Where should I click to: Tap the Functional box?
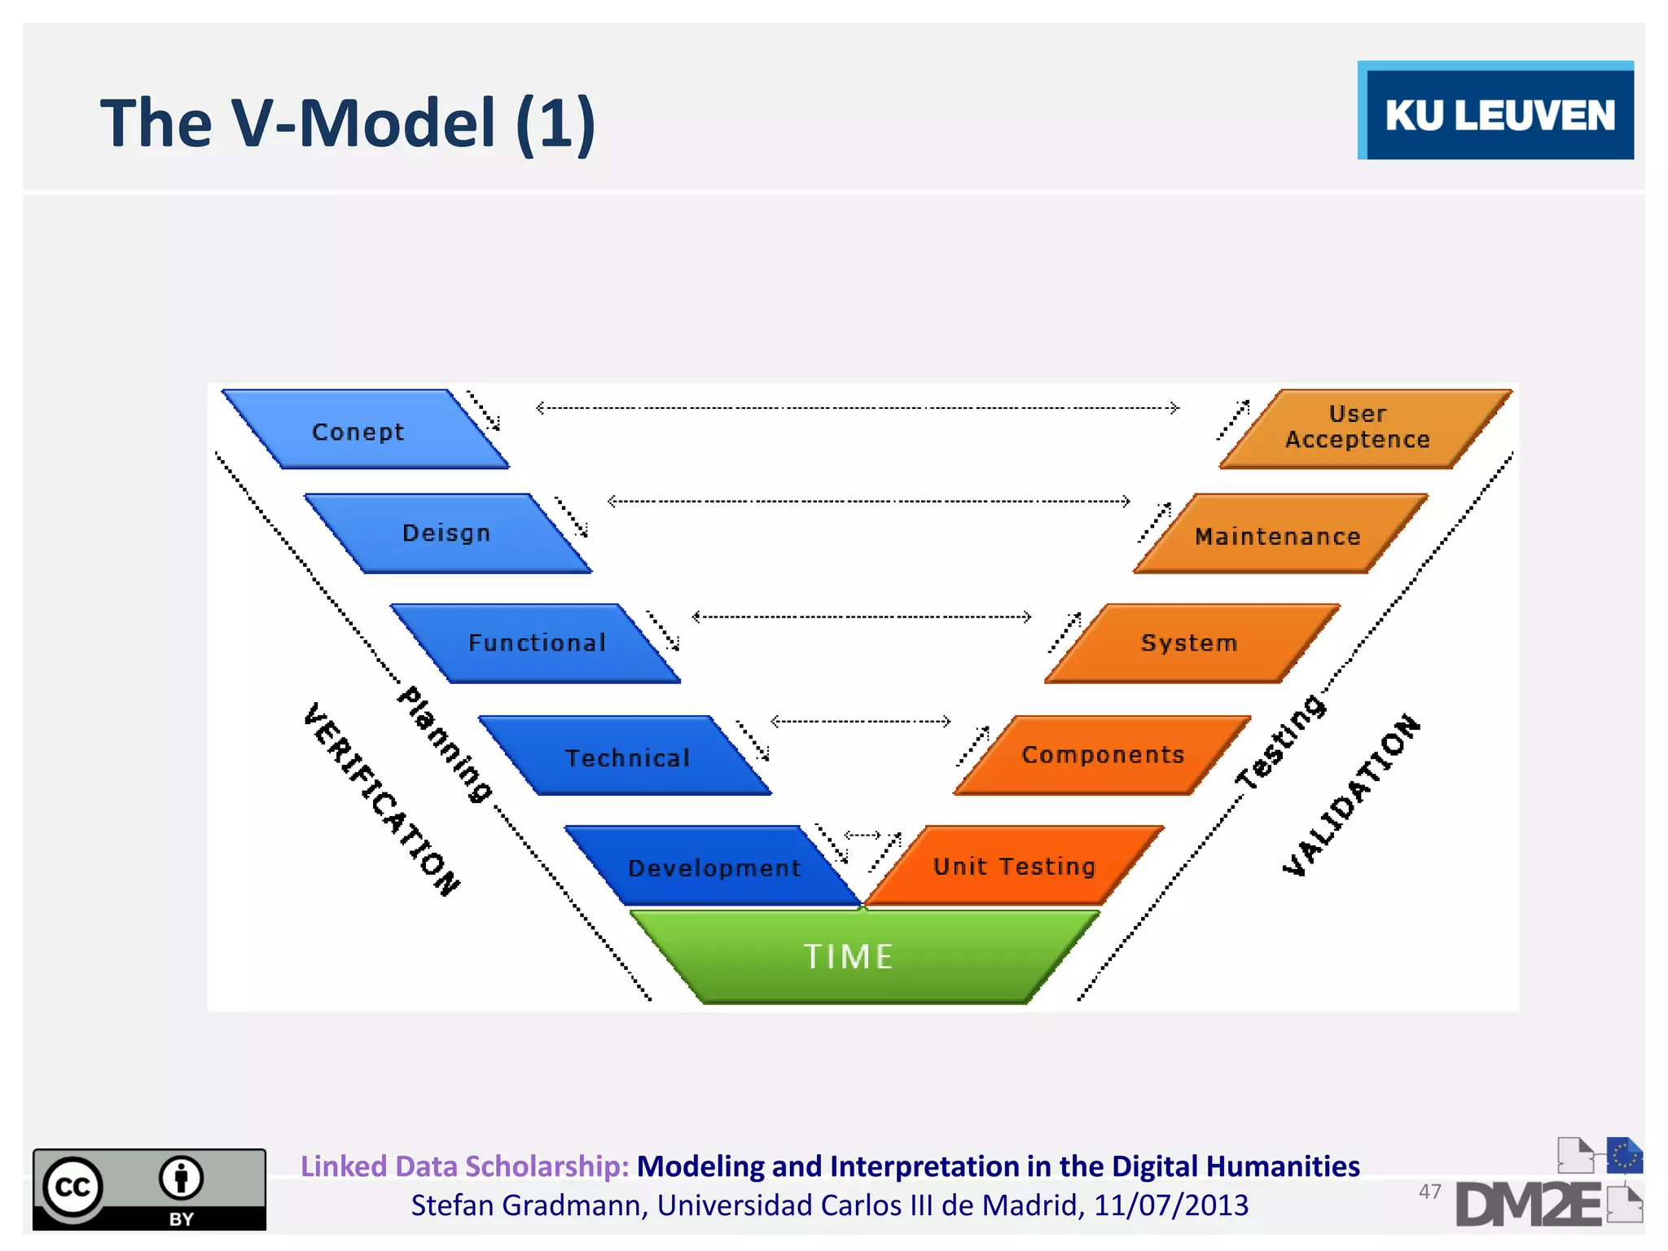[x=536, y=643]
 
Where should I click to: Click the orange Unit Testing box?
[x=1014, y=866]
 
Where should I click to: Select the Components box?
[x=1103, y=755]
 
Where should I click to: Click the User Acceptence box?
[x=1358, y=428]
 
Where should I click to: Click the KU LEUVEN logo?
[x=1496, y=112]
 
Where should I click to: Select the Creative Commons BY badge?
[x=149, y=1189]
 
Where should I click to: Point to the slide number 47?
[x=1429, y=1192]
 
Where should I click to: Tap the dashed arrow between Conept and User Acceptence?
[x=857, y=408]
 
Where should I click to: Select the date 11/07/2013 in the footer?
[x=1170, y=1205]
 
